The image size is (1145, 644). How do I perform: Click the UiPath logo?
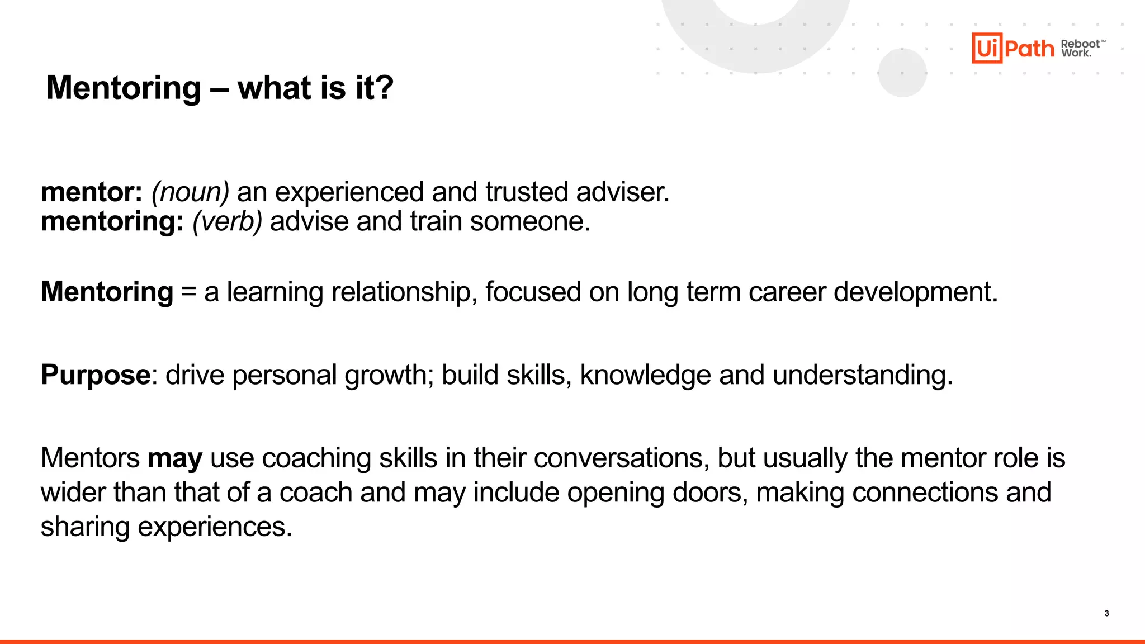click(1012, 48)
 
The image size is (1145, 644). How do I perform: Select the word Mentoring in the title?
click(124, 88)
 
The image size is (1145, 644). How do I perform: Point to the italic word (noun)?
click(190, 192)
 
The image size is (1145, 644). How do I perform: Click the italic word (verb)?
click(227, 221)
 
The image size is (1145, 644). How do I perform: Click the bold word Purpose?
click(96, 375)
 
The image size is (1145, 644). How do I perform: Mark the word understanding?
click(862, 375)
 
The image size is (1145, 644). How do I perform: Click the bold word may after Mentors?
click(174, 459)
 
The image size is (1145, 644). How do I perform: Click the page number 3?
click(1106, 613)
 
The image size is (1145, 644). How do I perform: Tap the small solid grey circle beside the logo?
click(902, 73)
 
